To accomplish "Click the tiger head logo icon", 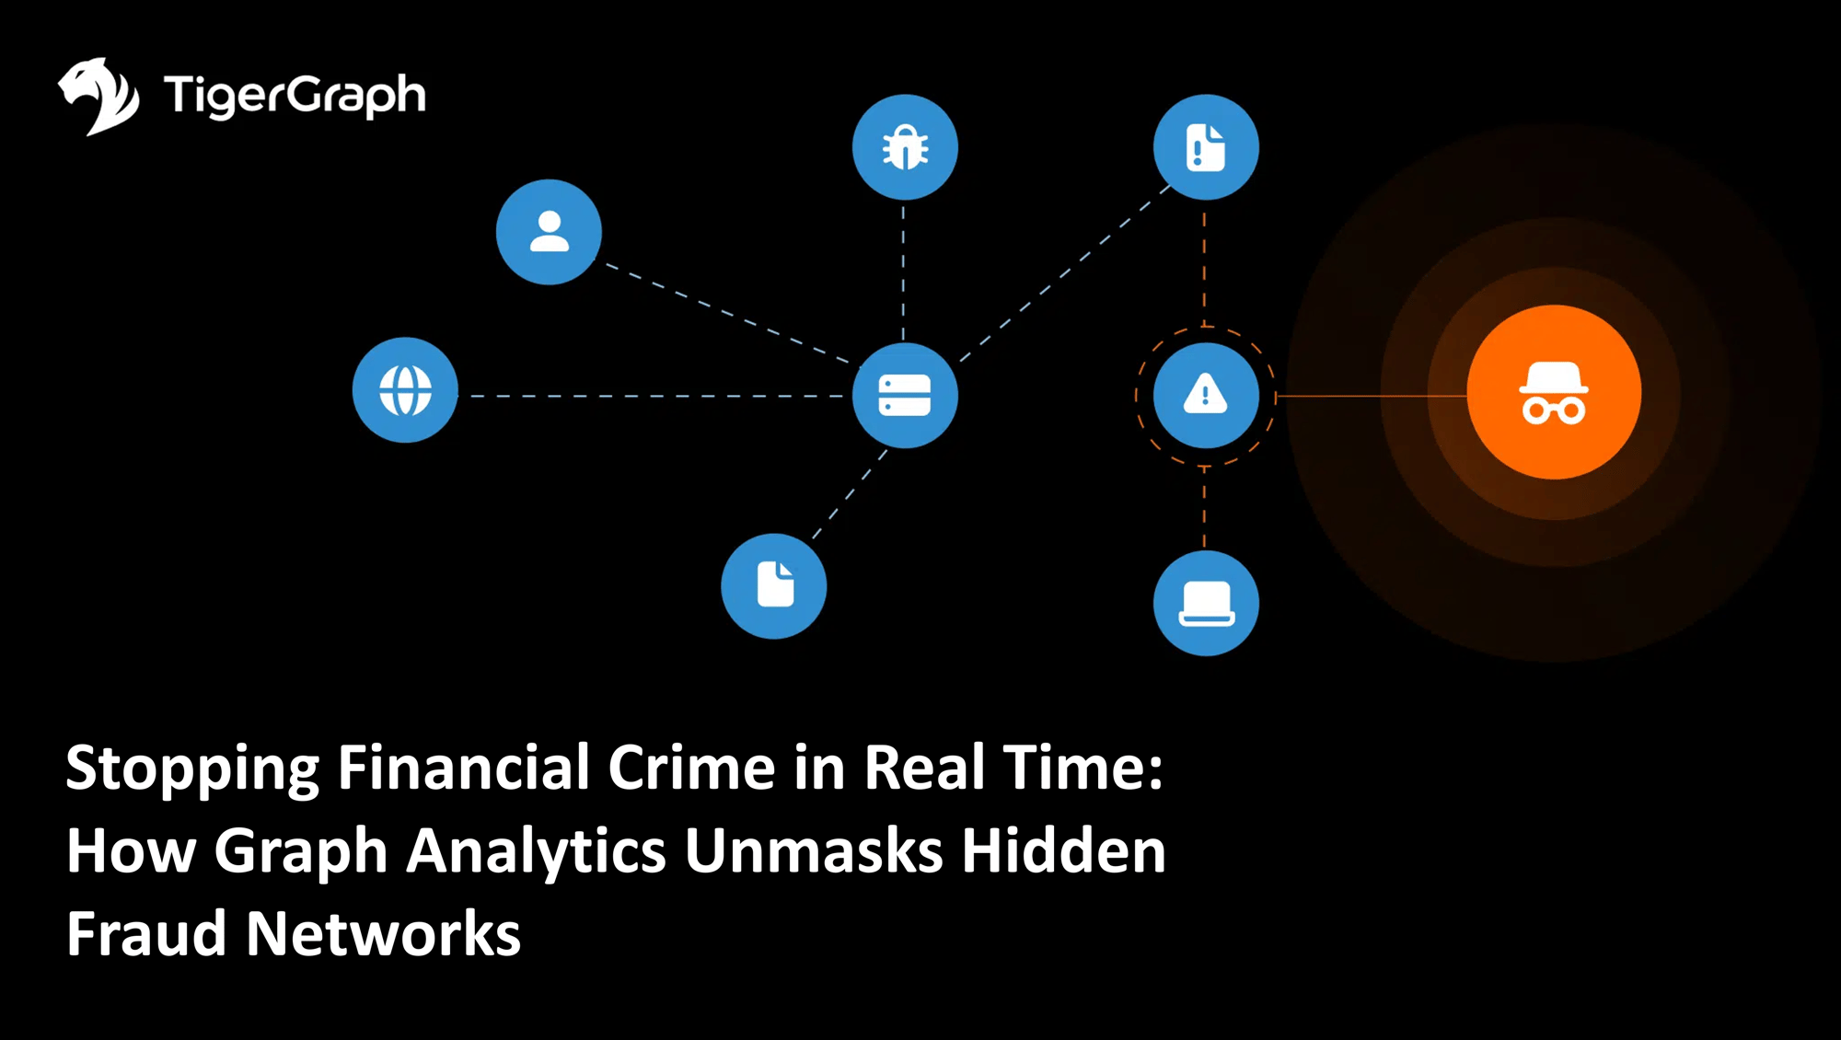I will click(98, 96).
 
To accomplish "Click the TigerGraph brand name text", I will click(295, 96).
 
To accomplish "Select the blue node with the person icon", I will click(549, 232).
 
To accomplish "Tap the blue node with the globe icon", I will click(405, 390).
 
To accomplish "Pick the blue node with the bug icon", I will click(905, 147).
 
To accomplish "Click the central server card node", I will click(905, 396).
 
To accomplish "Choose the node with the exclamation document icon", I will click(1206, 147).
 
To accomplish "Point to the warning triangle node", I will click(1206, 396).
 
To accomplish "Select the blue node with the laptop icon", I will click(1206, 604).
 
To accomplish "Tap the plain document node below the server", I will click(773, 586).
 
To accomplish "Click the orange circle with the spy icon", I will click(1554, 392).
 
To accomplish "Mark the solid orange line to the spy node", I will click(1372, 396).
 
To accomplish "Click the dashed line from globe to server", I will click(654, 396).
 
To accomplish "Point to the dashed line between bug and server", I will click(903, 272).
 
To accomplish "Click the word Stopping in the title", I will click(192, 768).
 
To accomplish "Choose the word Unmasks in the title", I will click(814, 850).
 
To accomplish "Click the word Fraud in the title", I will click(146, 933).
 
